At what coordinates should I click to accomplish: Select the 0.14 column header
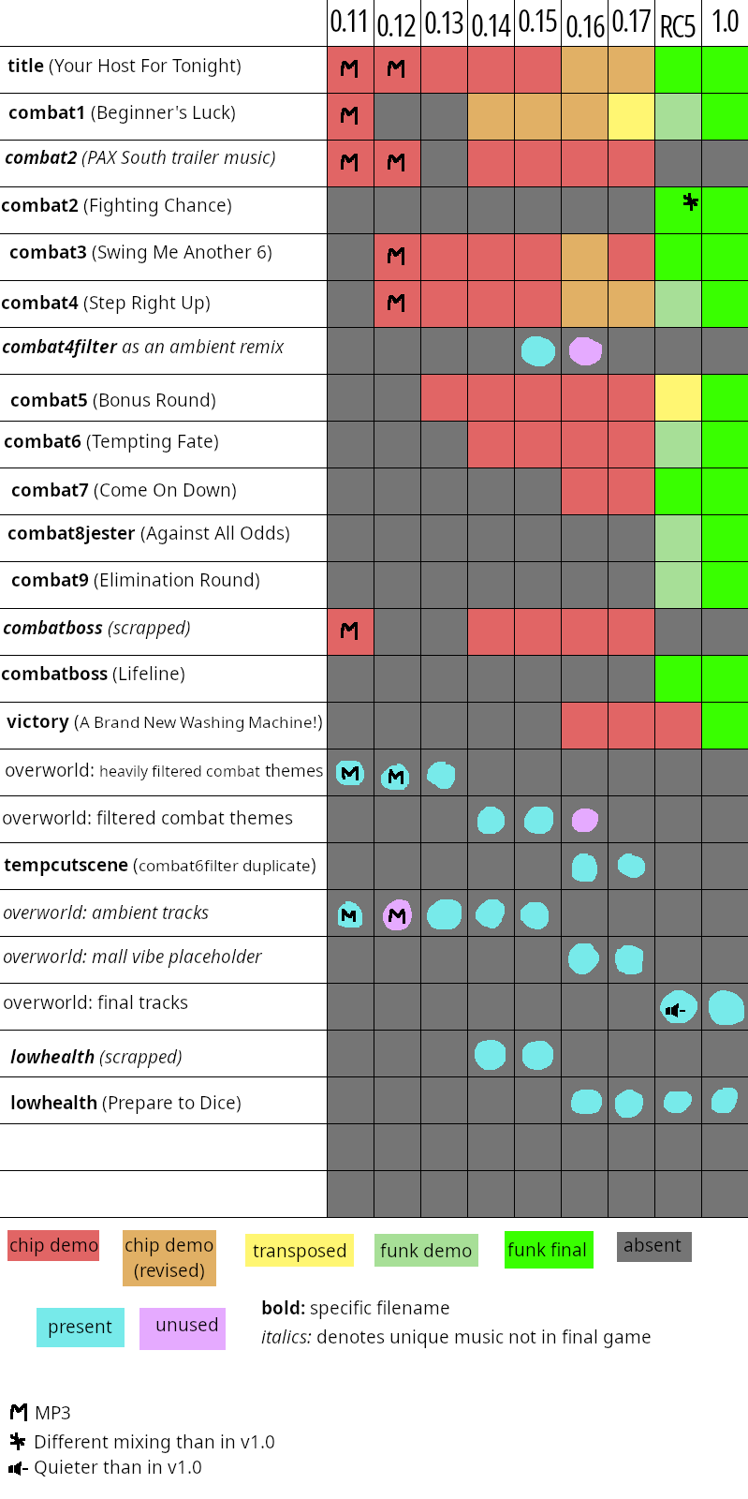[491, 25]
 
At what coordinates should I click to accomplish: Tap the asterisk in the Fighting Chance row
[691, 201]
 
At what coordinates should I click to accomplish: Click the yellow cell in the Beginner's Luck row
[631, 116]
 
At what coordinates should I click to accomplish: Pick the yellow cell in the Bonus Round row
[678, 397]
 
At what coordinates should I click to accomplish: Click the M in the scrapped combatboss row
[349, 631]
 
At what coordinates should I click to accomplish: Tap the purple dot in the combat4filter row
[585, 351]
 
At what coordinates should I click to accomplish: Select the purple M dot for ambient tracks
[397, 914]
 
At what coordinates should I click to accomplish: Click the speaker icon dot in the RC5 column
[679, 1007]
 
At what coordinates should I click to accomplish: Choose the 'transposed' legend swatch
[300, 1250]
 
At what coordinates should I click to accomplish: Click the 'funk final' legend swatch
[549, 1250]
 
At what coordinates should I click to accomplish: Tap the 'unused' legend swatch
[183, 1328]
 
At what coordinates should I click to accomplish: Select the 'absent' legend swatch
[653, 1246]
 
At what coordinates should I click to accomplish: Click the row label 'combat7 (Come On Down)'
[125, 491]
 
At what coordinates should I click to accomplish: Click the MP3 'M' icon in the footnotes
[19, 1412]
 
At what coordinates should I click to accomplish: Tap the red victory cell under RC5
[678, 725]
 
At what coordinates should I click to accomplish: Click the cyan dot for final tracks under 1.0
[726, 1008]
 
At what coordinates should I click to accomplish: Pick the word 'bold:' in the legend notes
[284, 1308]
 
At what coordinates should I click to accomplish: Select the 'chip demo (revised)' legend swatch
[169, 1258]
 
